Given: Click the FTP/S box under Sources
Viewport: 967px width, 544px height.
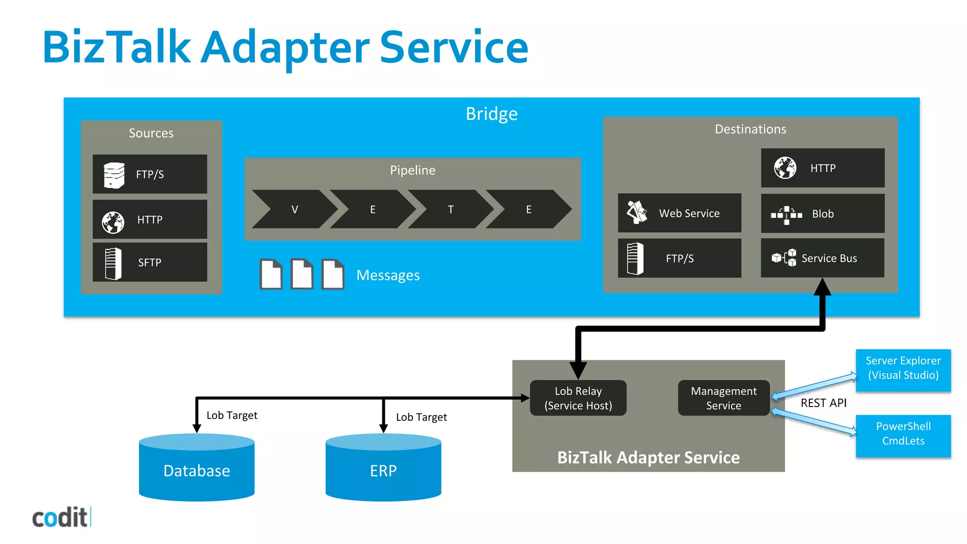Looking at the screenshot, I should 150,174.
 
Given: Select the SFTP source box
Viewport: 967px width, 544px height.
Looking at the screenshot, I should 150,263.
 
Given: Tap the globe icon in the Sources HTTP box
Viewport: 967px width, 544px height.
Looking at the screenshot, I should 113,222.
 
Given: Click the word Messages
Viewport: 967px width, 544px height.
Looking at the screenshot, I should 388,275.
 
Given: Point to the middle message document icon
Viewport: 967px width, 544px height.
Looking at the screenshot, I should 302,274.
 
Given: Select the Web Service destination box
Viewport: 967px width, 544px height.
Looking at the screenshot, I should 679,213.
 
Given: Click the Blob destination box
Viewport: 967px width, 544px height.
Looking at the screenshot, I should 823,213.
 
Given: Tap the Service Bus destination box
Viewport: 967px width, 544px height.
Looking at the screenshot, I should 823,258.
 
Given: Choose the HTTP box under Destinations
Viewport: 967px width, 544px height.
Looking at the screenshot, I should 823,168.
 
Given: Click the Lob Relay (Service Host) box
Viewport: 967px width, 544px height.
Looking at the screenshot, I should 578,398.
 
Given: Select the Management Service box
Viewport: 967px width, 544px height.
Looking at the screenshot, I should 723,398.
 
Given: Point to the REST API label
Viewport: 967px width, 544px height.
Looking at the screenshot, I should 823,403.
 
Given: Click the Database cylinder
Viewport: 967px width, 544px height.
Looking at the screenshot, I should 196,470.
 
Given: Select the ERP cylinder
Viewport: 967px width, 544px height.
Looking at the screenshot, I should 383,470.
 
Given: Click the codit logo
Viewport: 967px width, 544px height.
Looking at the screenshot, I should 61,518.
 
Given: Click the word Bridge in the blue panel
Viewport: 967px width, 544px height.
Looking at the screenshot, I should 492,114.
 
